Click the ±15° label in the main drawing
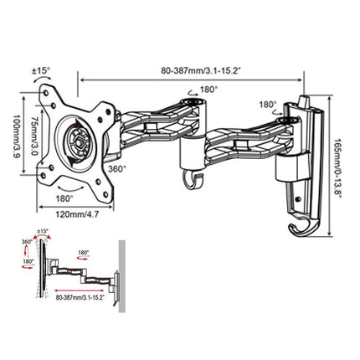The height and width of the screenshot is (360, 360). point(41,71)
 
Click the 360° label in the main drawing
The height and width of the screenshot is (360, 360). point(117,168)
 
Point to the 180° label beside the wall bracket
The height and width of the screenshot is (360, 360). point(268,106)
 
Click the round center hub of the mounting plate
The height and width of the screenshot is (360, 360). point(79,140)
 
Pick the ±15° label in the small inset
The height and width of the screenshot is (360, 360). point(43,231)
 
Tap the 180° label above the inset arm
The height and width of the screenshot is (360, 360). point(84,251)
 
